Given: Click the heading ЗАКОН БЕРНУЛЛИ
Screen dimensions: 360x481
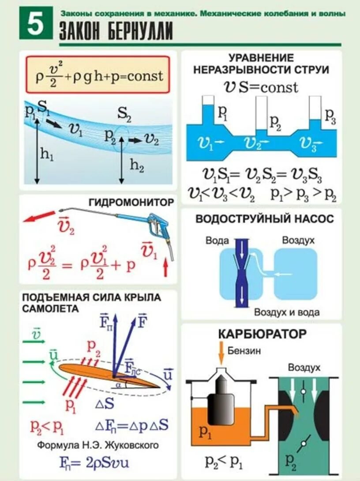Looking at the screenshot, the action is pyautogui.click(x=116, y=32).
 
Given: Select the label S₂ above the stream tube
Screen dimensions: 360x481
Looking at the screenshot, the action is pyautogui.click(x=124, y=116).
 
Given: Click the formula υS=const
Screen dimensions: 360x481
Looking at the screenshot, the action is pyautogui.click(x=261, y=86).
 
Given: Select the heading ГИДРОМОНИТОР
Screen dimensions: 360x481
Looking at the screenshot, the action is pyautogui.click(x=131, y=202).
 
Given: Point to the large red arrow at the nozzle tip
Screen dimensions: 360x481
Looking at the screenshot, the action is pyautogui.click(x=37, y=217).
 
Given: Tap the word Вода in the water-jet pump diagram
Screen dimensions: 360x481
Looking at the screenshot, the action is pyautogui.click(x=217, y=240).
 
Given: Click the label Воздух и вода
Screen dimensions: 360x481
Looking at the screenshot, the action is pyautogui.click(x=286, y=312).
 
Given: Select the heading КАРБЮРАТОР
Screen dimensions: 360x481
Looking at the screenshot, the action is pyautogui.click(x=262, y=334).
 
